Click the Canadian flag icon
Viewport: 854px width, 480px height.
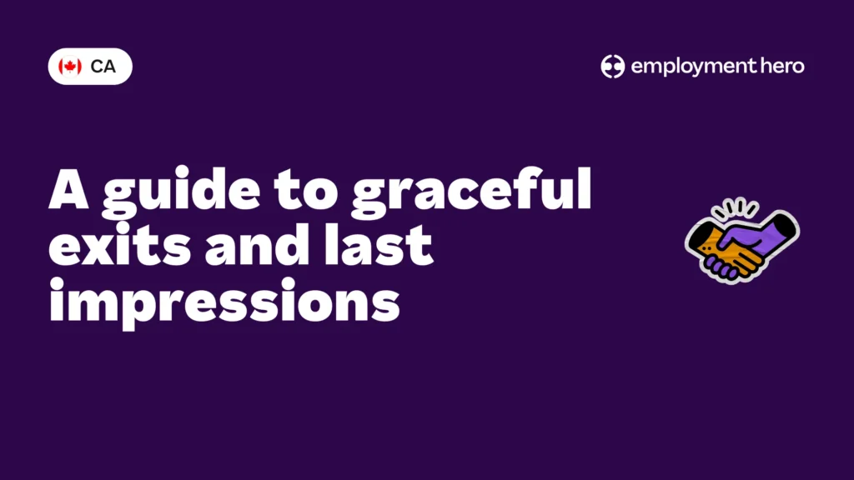click(70, 67)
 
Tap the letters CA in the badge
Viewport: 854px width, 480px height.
click(103, 67)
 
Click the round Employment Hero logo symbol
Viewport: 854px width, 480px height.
click(613, 67)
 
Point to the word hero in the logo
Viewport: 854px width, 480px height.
click(781, 67)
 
